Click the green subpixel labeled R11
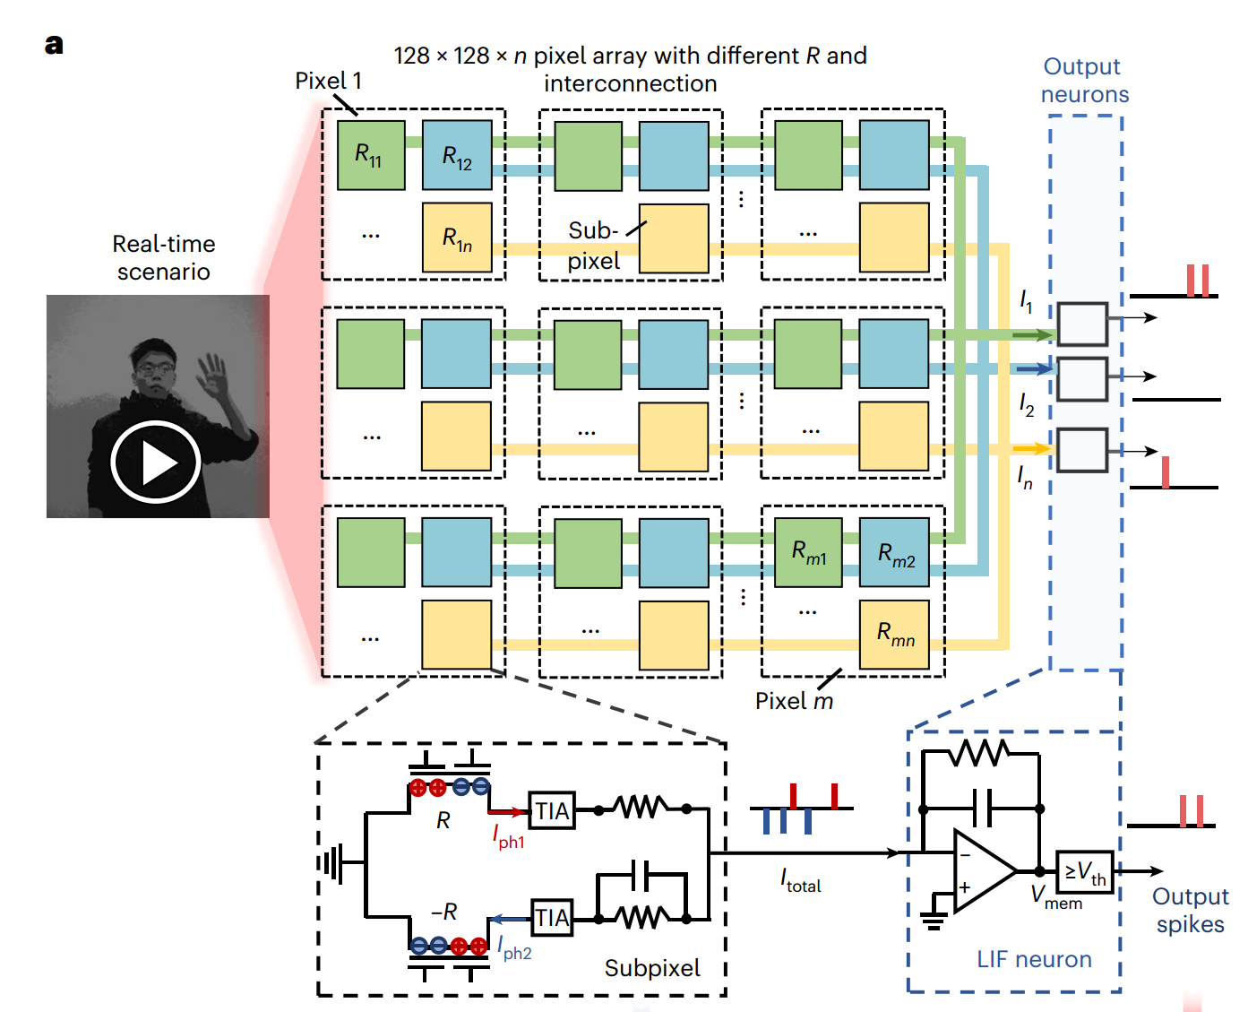[371, 155]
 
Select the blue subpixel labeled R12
[457, 155]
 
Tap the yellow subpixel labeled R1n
[457, 238]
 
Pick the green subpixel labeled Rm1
[808, 552]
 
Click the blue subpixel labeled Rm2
[894, 552]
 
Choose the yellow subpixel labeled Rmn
[894, 635]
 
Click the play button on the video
[156, 462]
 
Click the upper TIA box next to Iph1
[552, 810]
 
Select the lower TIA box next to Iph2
[552, 918]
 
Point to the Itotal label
[800, 881]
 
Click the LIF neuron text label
[1034, 959]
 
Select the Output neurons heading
[1084, 81]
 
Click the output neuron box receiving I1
[1082, 324]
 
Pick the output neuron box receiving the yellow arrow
[1082, 450]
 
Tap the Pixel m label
[794, 701]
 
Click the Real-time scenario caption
[164, 257]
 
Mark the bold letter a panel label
[54, 44]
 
